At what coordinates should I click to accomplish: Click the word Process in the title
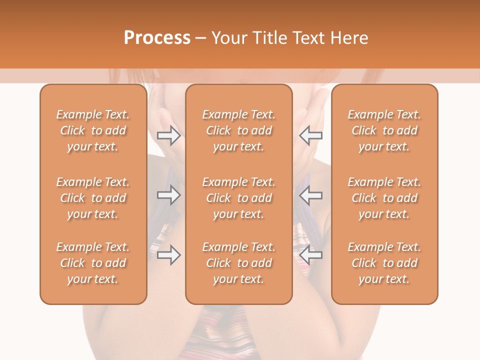(157, 38)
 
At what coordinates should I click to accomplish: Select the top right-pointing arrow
(168, 135)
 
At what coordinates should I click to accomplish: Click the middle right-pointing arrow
(168, 194)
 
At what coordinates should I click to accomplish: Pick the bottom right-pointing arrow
(168, 255)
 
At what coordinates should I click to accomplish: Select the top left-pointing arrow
(311, 135)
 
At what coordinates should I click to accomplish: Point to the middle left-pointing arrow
(311, 194)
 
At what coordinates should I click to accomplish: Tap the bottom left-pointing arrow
(311, 255)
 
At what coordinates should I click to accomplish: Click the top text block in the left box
(93, 130)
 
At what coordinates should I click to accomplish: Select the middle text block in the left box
(93, 198)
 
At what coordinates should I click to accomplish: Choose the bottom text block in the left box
(93, 263)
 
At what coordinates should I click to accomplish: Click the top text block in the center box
(239, 130)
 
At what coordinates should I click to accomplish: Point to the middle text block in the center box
(239, 198)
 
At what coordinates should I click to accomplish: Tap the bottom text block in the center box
(239, 263)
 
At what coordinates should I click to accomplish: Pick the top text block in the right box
(384, 130)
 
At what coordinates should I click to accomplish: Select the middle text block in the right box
(384, 198)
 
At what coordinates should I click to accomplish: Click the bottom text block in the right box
(384, 263)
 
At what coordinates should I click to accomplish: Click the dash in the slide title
(201, 38)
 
